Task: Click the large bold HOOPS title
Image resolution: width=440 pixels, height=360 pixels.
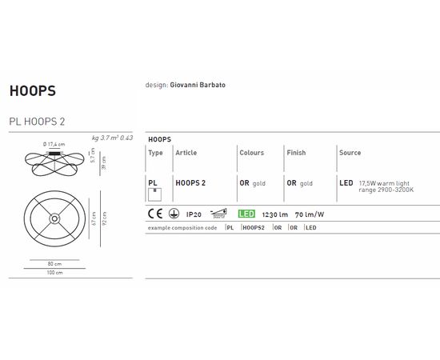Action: (x=32, y=90)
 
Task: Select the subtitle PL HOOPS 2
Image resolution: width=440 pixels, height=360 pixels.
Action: (x=37, y=121)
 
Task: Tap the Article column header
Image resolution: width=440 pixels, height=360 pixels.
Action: (x=186, y=152)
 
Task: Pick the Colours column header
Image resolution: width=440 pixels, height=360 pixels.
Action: (x=251, y=152)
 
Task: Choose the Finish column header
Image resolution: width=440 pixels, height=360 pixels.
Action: (x=296, y=152)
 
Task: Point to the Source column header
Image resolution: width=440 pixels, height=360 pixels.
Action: (x=350, y=152)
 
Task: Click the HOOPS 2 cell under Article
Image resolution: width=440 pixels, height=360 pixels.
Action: (x=190, y=183)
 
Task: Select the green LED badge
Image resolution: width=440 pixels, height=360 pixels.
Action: (x=247, y=214)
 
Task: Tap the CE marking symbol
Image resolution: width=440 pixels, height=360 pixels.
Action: (x=154, y=214)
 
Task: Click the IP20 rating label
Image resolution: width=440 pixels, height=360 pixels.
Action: (x=193, y=214)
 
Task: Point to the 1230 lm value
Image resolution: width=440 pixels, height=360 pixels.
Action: (x=274, y=214)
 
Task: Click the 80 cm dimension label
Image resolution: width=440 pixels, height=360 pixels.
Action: (x=54, y=262)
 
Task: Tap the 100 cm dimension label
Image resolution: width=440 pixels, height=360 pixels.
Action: (x=54, y=273)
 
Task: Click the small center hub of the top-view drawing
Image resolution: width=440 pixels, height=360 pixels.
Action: (x=54, y=218)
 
